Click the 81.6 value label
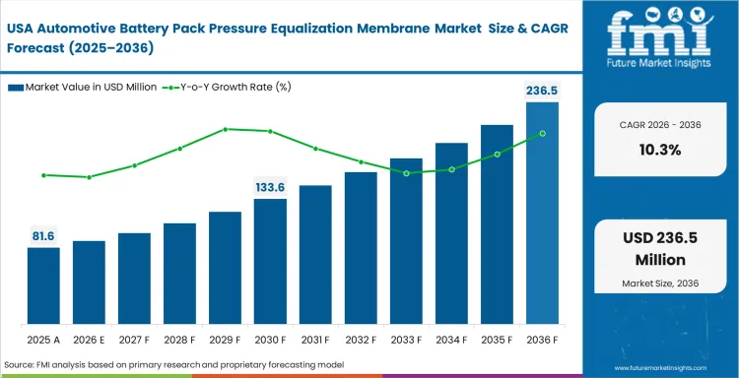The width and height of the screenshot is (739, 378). [43, 235]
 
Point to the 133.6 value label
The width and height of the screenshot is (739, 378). [270, 186]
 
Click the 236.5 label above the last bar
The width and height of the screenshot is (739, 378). [541, 90]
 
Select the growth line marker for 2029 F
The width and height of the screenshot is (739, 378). [225, 129]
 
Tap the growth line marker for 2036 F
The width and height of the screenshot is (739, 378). [542, 134]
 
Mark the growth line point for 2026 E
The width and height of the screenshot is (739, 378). [89, 177]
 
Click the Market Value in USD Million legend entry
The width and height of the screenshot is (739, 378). [84, 88]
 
